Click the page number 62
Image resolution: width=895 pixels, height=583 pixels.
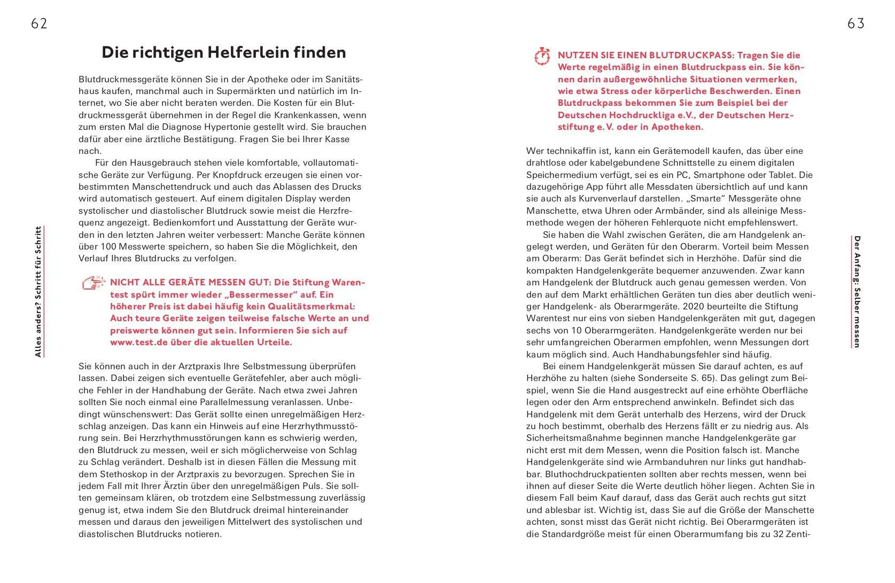tap(39, 24)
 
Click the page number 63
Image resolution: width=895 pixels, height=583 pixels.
tap(855, 24)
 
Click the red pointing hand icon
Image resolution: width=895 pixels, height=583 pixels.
tap(94, 283)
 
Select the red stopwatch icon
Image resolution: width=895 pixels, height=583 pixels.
tap(542, 56)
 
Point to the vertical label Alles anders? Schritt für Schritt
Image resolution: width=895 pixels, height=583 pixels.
tap(38, 292)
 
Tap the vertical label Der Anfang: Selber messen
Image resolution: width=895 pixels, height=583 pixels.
tap(857, 292)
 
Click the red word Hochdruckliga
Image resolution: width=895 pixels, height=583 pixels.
tap(652, 115)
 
